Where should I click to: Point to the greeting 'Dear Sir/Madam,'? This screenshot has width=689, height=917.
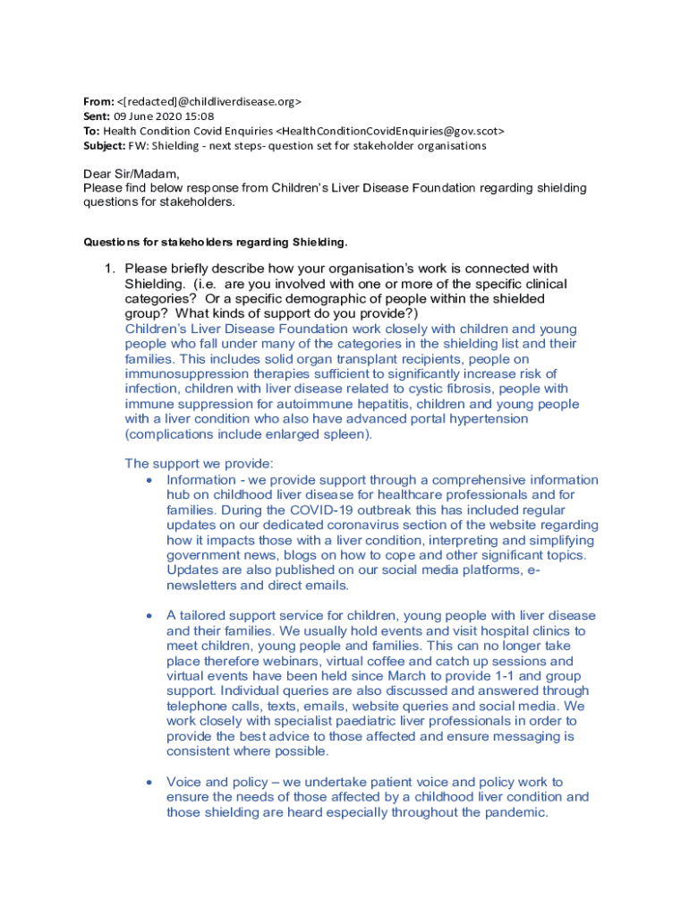132,174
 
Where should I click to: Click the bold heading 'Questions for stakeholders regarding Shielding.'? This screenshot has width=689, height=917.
215,242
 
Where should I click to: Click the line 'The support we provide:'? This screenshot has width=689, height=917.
199,464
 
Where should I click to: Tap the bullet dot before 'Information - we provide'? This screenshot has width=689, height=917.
149,481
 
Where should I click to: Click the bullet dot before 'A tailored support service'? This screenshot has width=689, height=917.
149,616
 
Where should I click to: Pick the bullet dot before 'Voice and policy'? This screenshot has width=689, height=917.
149,783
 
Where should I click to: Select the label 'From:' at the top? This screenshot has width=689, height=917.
98,101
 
